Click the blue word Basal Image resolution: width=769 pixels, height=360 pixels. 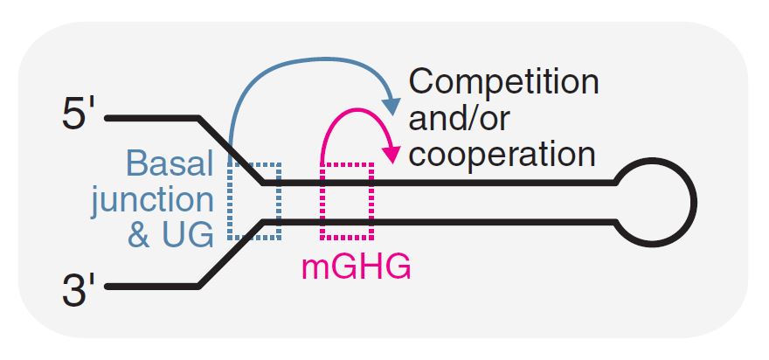(x=170, y=163)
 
